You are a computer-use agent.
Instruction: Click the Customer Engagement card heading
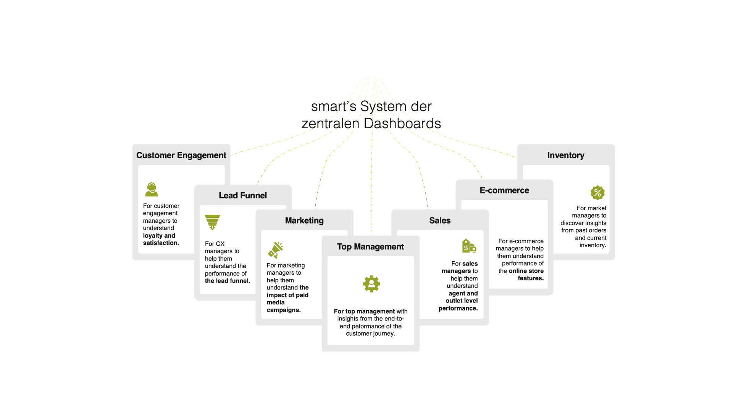[181, 155]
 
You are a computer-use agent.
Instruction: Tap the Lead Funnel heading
[242, 195]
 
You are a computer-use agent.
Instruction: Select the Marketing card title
[304, 220]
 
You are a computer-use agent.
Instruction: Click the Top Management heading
[370, 246]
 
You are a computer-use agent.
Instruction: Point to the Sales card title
[439, 220]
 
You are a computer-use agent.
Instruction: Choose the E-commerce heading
[504, 190]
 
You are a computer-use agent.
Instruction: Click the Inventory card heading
[565, 155]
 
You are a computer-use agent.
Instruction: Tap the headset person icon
[152, 189]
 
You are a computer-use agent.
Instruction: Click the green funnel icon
[212, 222]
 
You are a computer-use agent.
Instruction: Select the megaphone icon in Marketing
[276, 250]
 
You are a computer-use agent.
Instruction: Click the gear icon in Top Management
[371, 284]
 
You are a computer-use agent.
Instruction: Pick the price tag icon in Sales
[469, 246]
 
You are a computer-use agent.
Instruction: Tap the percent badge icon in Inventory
[597, 193]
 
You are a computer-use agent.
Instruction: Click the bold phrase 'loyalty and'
[159, 236]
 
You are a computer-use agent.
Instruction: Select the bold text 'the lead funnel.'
[227, 281]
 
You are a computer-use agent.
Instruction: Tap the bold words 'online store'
[526, 271]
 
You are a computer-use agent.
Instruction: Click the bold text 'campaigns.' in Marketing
[283, 310]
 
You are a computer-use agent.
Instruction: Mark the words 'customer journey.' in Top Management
[370, 333]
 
